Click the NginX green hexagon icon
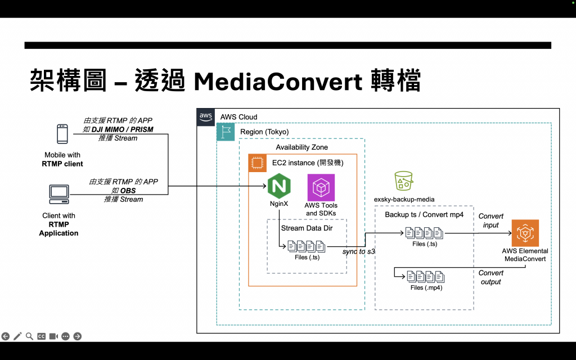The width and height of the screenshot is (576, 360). pos(279,186)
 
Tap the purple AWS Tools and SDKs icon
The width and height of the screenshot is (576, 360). pos(321,187)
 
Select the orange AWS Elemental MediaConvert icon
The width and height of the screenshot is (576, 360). pos(525,233)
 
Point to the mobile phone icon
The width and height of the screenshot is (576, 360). pos(62,135)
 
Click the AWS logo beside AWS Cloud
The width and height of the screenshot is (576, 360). pos(206,116)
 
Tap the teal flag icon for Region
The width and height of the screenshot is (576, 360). pos(226,132)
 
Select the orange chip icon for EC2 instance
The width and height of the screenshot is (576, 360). pos(258,163)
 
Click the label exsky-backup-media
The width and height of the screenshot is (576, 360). pos(404,200)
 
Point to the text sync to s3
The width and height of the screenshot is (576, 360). pos(358,251)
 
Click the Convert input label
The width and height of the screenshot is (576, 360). pos(491,221)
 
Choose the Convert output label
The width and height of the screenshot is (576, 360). pos(491,277)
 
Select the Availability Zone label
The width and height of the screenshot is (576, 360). pos(301,147)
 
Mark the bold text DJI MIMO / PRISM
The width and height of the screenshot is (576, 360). pos(122,129)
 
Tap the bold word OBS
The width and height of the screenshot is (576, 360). pos(128,191)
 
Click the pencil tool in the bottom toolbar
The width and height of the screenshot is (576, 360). pos(17,336)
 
